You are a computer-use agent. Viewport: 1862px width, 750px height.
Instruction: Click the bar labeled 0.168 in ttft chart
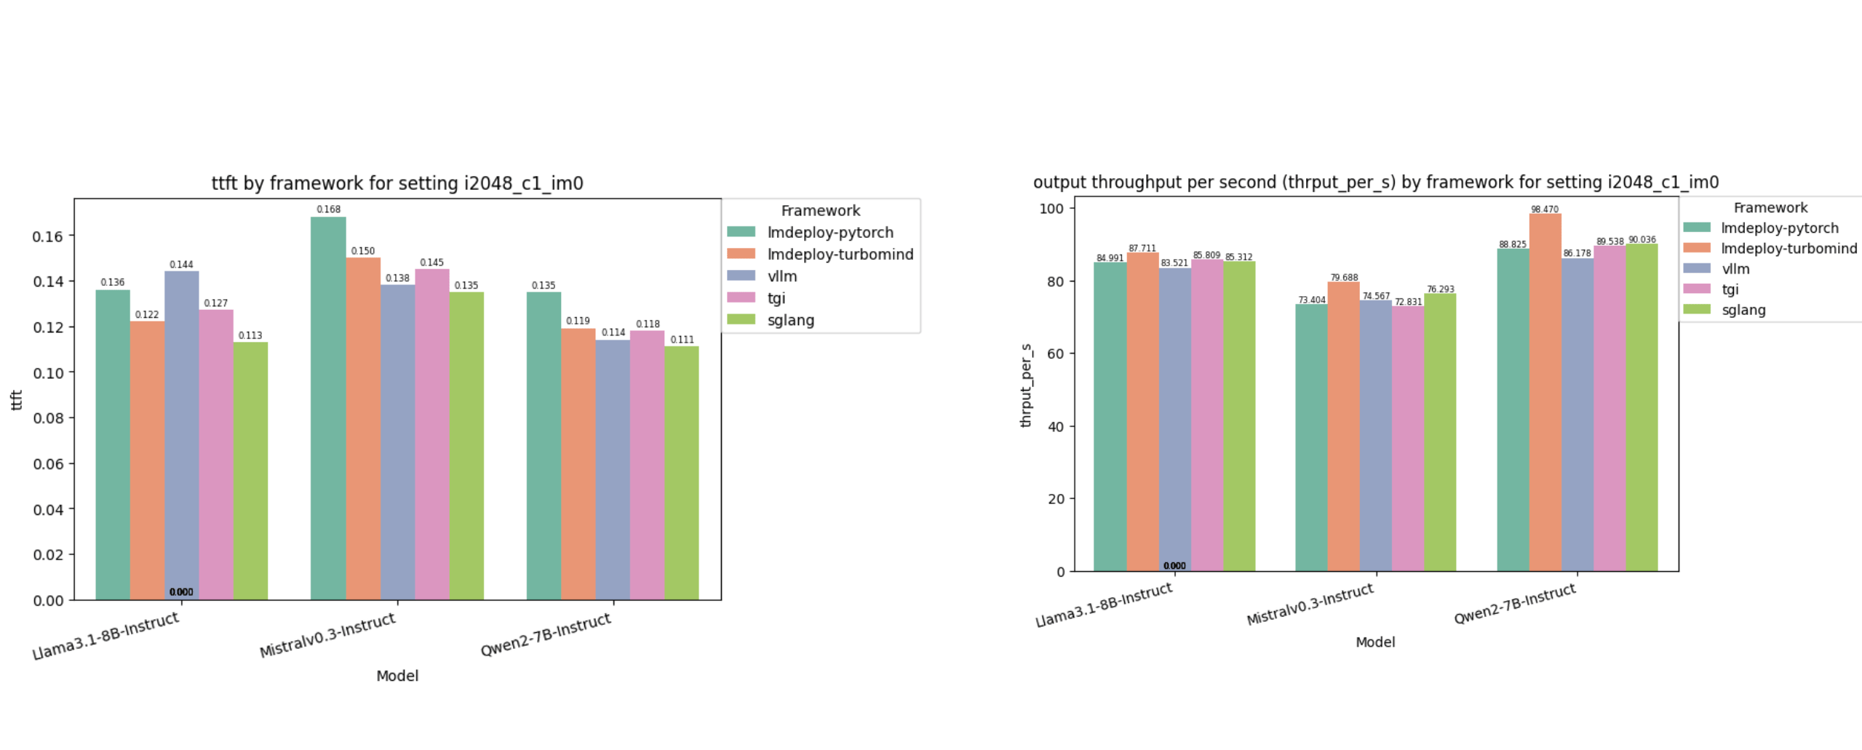tap(328, 407)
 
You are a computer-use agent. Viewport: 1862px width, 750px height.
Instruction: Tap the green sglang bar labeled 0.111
tap(682, 473)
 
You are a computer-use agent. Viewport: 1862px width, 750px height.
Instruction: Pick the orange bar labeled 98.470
tap(1545, 393)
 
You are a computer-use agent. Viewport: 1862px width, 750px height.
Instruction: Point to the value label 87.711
tap(1142, 248)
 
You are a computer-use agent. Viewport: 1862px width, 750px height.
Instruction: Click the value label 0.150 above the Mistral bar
tap(362, 251)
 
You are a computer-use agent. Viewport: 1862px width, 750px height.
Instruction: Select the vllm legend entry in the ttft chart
tap(781, 276)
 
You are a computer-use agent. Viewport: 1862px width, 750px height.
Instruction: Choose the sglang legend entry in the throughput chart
tap(1743, 310)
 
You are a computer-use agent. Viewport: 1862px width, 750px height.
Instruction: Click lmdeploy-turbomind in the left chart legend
tap(840, 255)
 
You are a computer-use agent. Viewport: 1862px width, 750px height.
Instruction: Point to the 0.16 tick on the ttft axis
tap(48, 236)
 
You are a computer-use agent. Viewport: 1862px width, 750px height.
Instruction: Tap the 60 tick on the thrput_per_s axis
tap(1055, 354)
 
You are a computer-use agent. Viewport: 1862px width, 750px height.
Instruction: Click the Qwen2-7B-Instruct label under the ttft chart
tap(546, 634)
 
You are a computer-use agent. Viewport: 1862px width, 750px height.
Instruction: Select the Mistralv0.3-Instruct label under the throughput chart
tap(1310, 604)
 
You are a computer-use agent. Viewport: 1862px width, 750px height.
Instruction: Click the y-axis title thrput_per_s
tap(1026, 386)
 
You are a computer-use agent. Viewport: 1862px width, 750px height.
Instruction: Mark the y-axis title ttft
tap(17, 400)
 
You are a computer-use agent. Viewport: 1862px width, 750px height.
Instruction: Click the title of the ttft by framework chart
tap(397, 183)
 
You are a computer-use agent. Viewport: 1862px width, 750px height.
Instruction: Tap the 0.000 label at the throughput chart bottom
tap(1174, 565)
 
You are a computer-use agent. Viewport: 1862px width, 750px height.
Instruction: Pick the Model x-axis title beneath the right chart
tap(1374, 642)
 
